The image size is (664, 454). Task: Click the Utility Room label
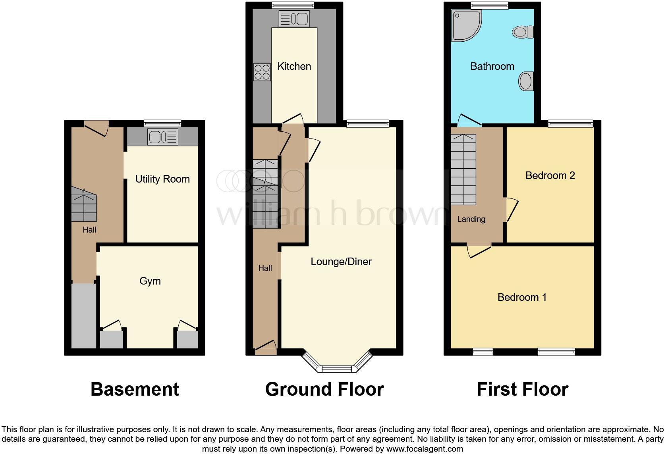(162, 179)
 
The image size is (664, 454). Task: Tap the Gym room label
(150, 281)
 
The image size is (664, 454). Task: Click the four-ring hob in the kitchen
(262, 72)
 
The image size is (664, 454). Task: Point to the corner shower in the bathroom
(465, 25)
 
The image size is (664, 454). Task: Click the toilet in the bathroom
(523, 32)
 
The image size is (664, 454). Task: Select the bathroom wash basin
(525, 81)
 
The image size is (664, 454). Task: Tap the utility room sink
(163, 137)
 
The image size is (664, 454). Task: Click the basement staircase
(84, 206)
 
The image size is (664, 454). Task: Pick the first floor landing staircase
(463, 169)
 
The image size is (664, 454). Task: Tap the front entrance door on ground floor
(266, 347)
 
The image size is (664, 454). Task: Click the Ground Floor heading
(324, 389)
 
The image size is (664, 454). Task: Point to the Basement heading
(135, 389)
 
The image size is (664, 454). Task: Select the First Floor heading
(522, 389)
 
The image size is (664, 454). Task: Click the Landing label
(471, 219)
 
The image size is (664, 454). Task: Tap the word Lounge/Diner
(341, 262)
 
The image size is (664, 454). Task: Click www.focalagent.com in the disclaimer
(425, 449)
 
